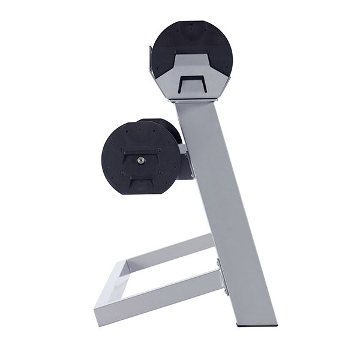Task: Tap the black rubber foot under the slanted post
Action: click(257, 325)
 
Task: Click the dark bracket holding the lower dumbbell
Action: click(185, 162)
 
